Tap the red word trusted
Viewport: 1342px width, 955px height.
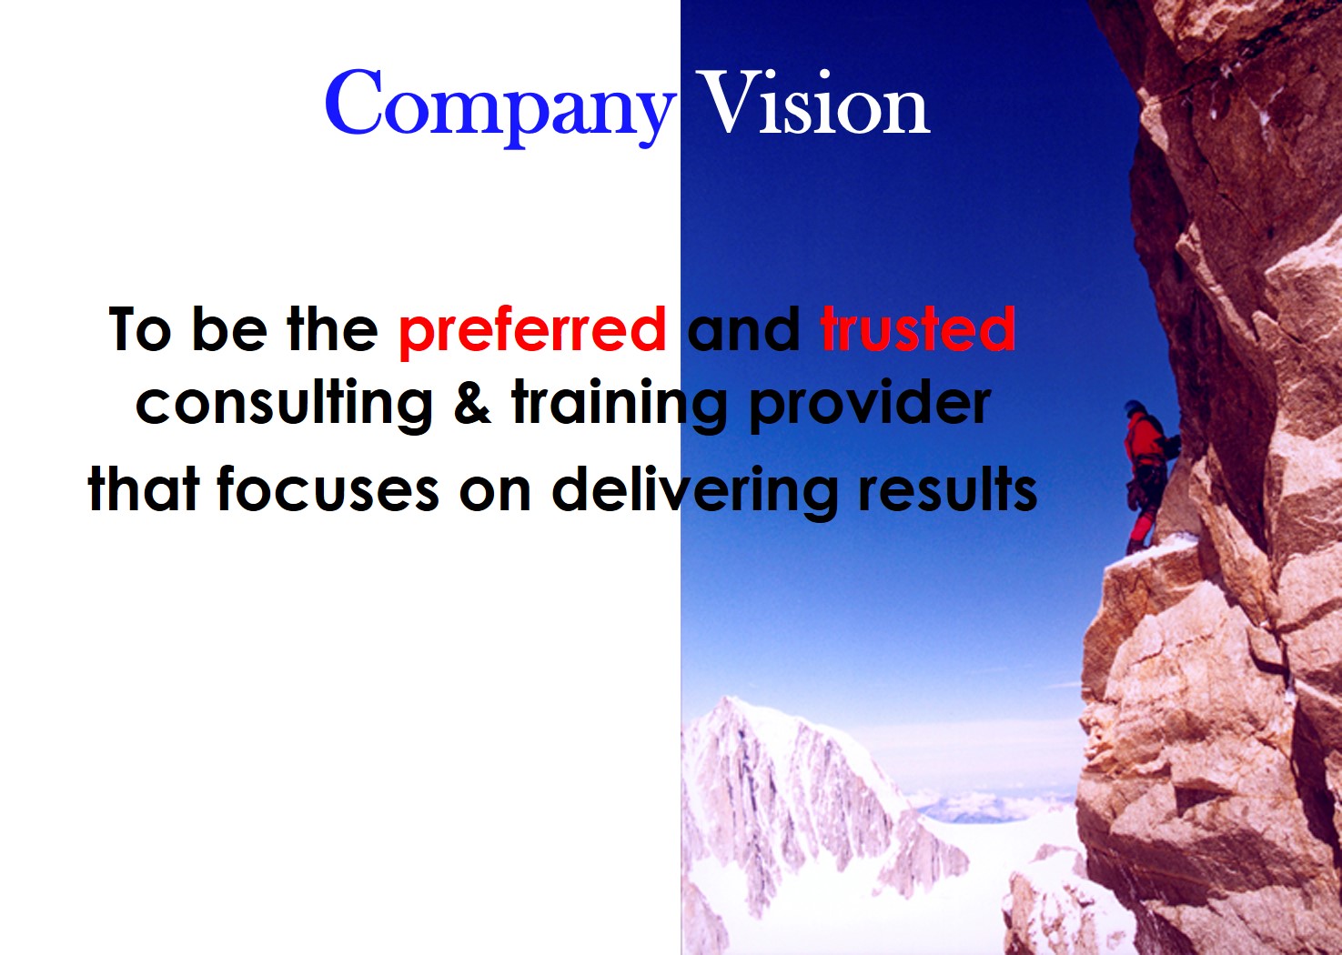tap(917, 328)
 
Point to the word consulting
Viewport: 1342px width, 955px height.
tap(284, 405)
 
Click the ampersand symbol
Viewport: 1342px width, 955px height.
tap(472, 402)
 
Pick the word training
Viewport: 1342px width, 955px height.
tap(619, 405)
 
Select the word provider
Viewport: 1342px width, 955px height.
tap(870, 405)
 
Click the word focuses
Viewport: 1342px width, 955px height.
tap(328, 488)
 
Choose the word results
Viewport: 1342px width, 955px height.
tap(947, 488)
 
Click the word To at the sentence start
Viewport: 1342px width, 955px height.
tap(139, 328)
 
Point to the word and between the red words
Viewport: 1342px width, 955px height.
tap(743, 328)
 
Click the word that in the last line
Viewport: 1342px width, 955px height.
tap(144, 488)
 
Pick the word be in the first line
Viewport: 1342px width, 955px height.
tap(229, 328)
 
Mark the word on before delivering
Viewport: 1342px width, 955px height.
tap(495, 495)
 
